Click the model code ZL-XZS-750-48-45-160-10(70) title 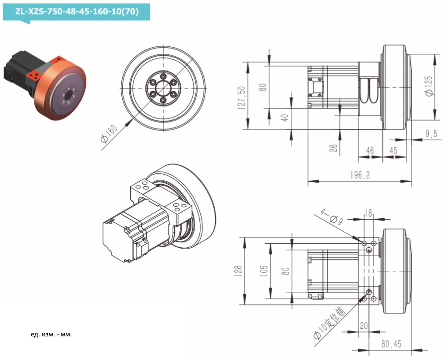coord(76,12)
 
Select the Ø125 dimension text coord(429,86)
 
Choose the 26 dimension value coord(334,147)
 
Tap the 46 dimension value coord(370,151)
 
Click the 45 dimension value coord(393,151)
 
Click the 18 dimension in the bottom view coord(368,213)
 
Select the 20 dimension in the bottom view coord(364,326)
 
